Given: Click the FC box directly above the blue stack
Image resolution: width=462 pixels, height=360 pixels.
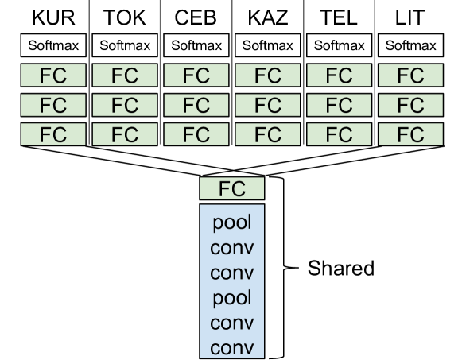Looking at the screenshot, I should (231, 189).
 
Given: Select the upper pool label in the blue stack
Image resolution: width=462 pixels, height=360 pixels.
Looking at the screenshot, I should (231, 222).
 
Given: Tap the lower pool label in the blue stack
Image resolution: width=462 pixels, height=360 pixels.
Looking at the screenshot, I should (231, 298).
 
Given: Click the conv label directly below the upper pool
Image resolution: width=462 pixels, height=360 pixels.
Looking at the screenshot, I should (231, 247).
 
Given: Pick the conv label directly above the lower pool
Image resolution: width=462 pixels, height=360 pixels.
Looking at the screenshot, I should (231, 273).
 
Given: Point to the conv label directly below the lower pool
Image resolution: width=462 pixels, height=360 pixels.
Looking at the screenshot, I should (231, 323).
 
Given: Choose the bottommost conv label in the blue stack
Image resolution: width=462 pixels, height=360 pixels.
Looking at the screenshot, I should (231, 348).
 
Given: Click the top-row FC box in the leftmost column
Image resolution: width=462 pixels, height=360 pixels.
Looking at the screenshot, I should (53, 75).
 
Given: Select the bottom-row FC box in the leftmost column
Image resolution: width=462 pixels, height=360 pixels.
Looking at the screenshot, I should (53, 134).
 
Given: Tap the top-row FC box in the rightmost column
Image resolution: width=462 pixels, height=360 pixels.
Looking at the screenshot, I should (410, 75).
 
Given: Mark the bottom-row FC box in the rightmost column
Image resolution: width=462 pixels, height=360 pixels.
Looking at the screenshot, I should (410, 134).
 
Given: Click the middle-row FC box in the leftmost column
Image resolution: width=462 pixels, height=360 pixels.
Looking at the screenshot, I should (53, 105).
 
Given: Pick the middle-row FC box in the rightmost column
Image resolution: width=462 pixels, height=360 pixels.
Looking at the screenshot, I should (410, 105).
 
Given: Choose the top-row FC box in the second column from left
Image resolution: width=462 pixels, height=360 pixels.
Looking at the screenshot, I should (125, 75).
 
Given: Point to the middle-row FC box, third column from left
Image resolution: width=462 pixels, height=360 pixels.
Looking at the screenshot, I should (196, 105).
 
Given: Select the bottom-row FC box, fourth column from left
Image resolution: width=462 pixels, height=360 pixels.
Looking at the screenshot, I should (268, 134).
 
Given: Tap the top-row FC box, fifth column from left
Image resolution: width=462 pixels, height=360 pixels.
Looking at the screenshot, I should (339, 75).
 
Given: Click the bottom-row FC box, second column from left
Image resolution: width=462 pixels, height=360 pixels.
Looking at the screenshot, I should (125, 134).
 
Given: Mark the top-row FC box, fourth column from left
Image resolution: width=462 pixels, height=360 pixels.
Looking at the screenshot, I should (268, 75).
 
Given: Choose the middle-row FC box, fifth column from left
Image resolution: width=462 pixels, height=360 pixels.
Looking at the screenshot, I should (339, 105).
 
